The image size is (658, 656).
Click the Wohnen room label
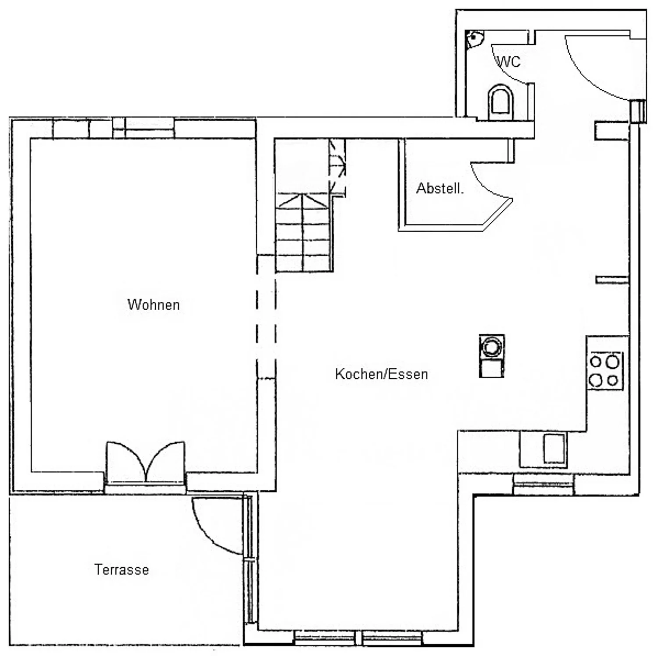pos(154,305)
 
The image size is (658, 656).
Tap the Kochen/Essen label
pos(381,374)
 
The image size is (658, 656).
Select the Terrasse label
pos(122,570)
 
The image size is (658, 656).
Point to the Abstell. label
pos(440,189)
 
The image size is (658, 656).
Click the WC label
pos(509,62)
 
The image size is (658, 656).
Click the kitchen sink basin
pos(554,448)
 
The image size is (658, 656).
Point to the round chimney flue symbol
pos(491,347)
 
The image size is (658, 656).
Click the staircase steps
pos(303,233)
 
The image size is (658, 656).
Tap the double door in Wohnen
pos(145,463)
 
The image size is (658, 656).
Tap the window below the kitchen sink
pos(543,484)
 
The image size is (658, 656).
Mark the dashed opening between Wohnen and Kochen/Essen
pos(266,316)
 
